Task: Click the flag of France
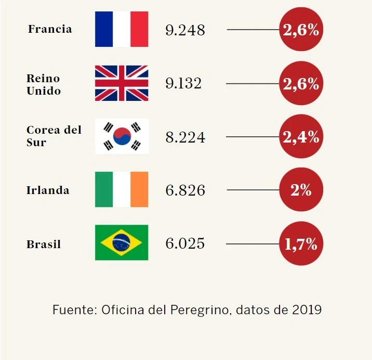[x=122, y=29]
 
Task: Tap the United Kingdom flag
[x=122, y=83]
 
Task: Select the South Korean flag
[x=122, y=136]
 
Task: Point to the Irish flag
[x=122, y=189]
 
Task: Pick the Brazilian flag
[x=122, y=242]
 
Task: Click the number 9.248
[x=185, y=30]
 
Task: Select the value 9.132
[x=183, y=83]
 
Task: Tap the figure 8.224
[x=185, y=137]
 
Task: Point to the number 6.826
[x=185, y=190]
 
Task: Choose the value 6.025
[x=185, y=243]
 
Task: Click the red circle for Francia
[x=301, y=30]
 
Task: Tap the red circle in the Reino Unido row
[x=301, y=83]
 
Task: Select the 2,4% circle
[x=301, y=137]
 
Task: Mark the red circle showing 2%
[x=301, y=190]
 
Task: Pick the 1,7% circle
[x=301, y=243]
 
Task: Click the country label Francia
[x=50, y=29]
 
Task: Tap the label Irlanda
[x=48, y=190]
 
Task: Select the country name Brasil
[x=44, y=244]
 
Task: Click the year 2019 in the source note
[x=307, y=310]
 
